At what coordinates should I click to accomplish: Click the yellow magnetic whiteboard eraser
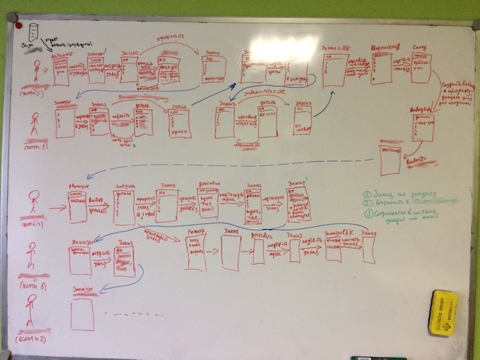[443, 313]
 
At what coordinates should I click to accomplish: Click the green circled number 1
[367, 194]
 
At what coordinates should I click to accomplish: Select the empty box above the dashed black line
[82, 313]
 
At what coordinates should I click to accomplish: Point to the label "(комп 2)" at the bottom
[33, 341]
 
